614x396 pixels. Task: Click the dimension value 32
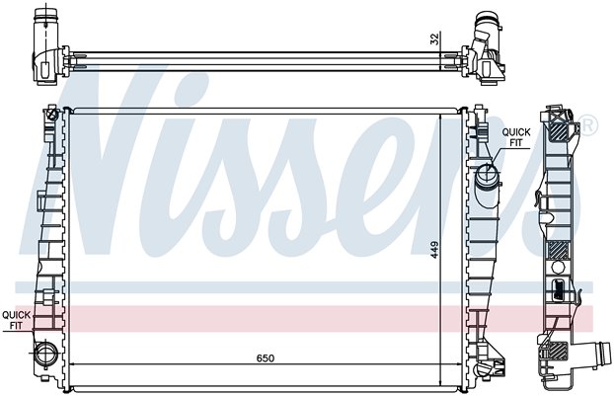coord(434,39)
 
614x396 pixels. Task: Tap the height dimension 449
coord(434,250)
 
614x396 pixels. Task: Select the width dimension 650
coord(266,358)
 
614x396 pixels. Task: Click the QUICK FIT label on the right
coord(516,137)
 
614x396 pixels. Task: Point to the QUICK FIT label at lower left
coord(16,320)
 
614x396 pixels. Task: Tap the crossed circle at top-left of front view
coord(52,115)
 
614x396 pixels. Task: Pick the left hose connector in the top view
coord(45,43)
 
